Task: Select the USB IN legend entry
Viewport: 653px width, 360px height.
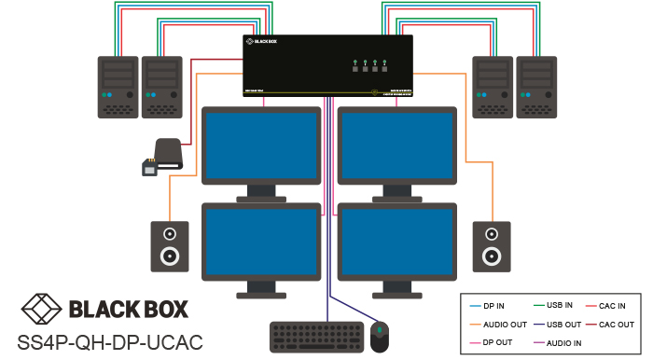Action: pos(558,306)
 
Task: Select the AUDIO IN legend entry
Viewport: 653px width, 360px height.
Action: pos(563,344)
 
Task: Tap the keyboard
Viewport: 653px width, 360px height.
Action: pos(316,337)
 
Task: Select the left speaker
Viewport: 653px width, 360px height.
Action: pos(169,245)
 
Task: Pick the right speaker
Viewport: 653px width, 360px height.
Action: pos(491,245)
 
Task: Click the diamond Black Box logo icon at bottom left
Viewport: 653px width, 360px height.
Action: pos(40,309)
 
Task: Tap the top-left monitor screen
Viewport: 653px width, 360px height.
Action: pos(261,143)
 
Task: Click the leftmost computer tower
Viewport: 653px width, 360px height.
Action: pos(118,87)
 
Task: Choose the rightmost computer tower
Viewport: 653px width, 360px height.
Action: pos(537,87)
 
